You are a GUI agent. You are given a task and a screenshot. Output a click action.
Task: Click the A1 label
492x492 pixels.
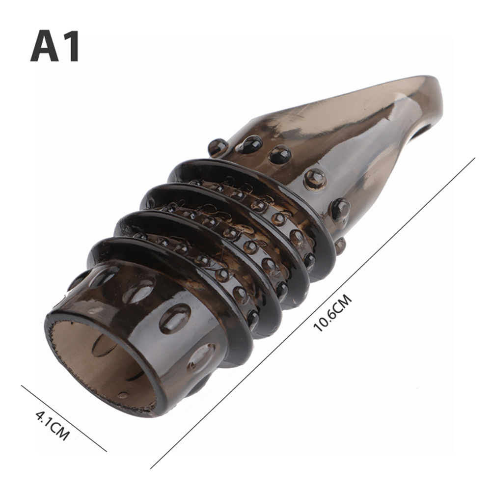coord(55,46)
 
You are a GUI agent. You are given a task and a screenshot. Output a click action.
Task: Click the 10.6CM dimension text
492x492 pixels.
coord(333,312)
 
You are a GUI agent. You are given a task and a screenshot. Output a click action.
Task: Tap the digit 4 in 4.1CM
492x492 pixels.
coord(40,415)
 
